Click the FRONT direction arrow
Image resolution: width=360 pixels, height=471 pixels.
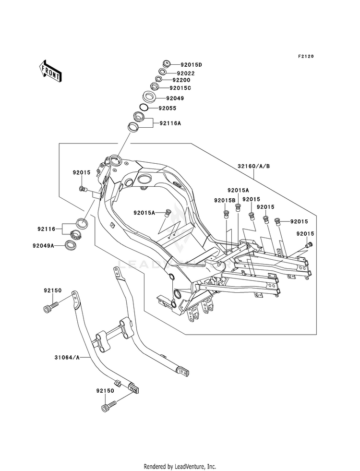(50, 71)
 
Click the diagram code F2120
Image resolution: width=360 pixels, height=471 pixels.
(306, 56)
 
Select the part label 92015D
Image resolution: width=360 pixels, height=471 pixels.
(191, 65)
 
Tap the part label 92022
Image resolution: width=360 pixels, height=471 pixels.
(186, 73)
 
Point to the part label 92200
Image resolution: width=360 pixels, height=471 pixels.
(181, 80)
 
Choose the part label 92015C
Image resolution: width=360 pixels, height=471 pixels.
(180, 88)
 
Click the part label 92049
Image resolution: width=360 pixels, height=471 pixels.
(175, 98)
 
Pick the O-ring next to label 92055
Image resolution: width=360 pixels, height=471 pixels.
(144, 107)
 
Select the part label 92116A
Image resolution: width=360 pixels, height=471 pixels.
(170, 123)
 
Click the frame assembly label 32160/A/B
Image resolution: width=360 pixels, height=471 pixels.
(254, 166)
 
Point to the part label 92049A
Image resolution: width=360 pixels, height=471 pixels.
(44, 245)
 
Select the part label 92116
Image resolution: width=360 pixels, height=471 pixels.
(47, 229)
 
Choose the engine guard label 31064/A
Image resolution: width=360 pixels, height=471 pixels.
(67, 358)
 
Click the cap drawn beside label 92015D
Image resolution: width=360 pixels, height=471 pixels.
(166, 63)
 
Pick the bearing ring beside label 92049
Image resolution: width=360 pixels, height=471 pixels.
(149, 97)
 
